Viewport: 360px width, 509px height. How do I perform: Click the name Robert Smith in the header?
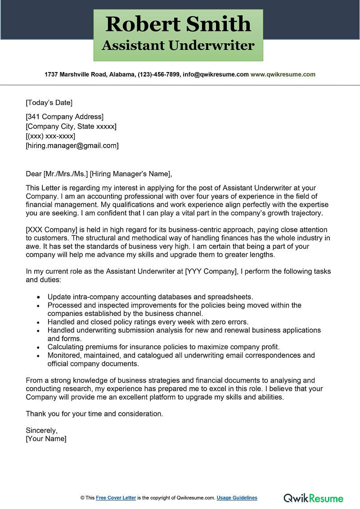tap(178, 24)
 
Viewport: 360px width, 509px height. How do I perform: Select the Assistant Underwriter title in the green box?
tap(178, 45)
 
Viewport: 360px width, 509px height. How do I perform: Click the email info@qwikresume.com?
tap(216, 74)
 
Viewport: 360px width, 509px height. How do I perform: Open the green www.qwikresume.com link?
tap(283, 74)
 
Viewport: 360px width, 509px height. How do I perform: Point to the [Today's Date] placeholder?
tap(49, 103)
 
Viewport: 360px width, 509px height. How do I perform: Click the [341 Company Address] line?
tap(64, 117)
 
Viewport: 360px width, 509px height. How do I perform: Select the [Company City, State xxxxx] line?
tap(71, 126)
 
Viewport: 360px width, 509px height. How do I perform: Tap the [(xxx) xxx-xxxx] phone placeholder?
tap(50, 136)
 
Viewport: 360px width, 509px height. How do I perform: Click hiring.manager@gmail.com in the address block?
tap(72, 145)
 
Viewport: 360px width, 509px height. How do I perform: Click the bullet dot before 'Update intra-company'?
tap(39, 297)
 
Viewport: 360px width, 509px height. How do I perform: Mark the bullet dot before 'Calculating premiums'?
tap(39, 347)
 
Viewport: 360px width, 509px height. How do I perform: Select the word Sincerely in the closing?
tap(41, 430)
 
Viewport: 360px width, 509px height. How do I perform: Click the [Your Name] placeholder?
tap(46, 438)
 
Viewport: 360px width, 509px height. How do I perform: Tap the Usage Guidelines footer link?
tap(237, 498)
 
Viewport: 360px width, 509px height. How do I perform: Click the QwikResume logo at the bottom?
tap(313, 498)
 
